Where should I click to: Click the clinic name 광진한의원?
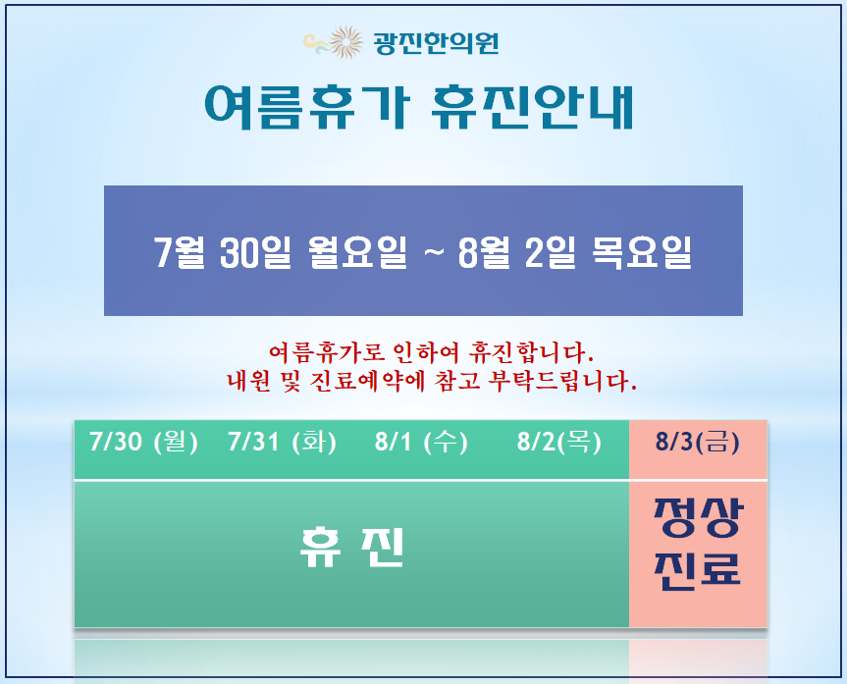click(436, 43)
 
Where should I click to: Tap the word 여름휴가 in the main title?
click(307, 107)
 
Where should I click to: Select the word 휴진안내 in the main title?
click(532, 107)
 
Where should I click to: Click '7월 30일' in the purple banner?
click(223, 252)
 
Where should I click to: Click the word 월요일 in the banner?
click(357, 252)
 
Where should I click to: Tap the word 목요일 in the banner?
click(642, 252)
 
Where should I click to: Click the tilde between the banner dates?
click(433, 252)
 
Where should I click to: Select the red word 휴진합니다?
click(531, 353)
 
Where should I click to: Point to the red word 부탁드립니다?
click(562, 381)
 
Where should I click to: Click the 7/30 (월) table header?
click(143, 442)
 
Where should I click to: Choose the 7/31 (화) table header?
click(282, 442)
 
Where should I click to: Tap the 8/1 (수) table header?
click(421, 442)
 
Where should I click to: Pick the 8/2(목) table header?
click(559, 442)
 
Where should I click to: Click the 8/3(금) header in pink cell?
click(698, 442)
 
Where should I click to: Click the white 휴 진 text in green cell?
click(352, 547)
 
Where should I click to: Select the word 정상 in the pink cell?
click(698, 518)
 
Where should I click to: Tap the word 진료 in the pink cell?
click(698, 570)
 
